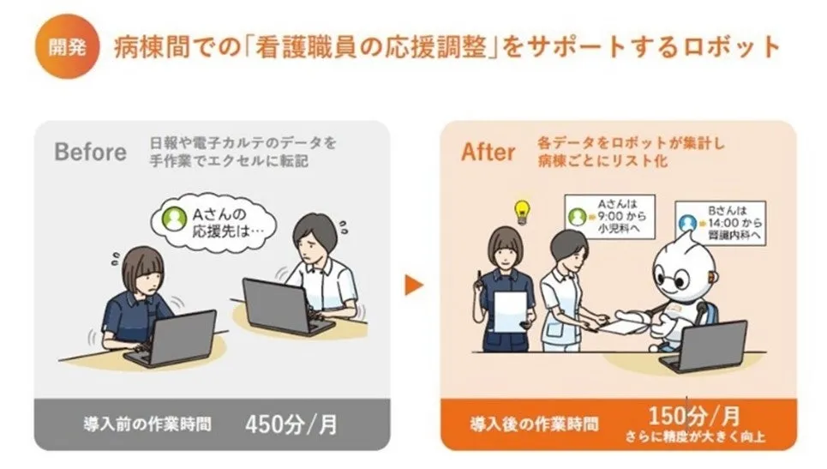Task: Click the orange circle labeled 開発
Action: tap(67, 47)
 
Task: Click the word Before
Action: tap(90, 152)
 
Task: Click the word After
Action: tap(488, 152)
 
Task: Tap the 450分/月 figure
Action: tap(291, 424)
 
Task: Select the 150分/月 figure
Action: tap(693, 416)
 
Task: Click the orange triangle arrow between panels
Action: tap(414, 285)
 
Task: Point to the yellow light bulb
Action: tap(522, 212)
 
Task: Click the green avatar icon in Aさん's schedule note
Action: tap(577, 217)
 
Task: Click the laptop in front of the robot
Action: tap(704, 346)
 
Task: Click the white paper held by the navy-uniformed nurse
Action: tap(510, 312)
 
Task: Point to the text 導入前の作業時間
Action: tap(147, 424)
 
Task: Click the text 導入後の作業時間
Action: tap(534, 424)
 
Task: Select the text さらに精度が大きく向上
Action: tap(695, 436)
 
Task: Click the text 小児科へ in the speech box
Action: tap(619, 229)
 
